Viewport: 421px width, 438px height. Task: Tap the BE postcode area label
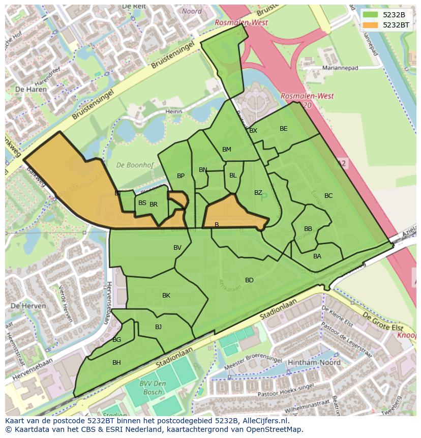[x=283, y=129]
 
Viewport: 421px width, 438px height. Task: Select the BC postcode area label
[x=328, y=196]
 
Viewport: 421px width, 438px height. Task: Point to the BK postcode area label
[x=166, y=296]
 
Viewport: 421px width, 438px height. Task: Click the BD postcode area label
[x=249, y=280]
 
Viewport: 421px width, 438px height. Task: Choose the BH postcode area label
[x=116, y=363]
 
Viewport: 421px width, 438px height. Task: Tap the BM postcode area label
[x=227, y=150]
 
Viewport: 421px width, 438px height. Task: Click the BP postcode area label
[x=181, y=176]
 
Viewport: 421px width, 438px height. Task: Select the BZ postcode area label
[x=258, y=193]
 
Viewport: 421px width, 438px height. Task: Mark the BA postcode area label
[x=317, y=256]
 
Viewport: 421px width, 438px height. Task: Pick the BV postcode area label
[x=177, y=248]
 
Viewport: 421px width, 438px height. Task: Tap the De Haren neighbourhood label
[x=31, y=89]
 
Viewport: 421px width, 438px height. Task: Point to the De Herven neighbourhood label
[x=28, y=306]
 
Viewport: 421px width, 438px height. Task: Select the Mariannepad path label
[x=340, y=68]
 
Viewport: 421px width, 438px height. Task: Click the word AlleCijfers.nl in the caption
[x=264, y=421]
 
